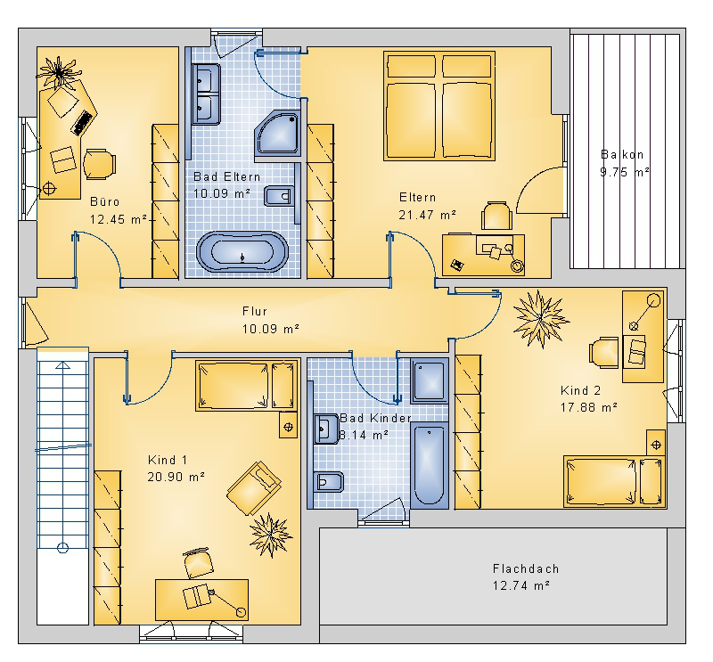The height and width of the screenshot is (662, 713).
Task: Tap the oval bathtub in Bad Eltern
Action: click(x=242, y=252)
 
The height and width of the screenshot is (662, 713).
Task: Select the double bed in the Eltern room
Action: click(x=439, y=106)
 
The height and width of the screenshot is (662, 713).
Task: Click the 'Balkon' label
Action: click(x=622, y=155)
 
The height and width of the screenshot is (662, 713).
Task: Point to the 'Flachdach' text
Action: click(x=526, y=568)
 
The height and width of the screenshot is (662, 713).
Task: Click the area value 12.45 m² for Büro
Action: click(x=119, y=219)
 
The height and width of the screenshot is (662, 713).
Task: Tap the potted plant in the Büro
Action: click(x=59, y=72)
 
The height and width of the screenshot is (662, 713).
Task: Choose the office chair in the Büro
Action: click(x=99, y=164)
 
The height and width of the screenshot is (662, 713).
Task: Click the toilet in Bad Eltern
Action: click(x=278, y=196)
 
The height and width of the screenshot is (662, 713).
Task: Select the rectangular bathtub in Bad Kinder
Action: click(x=430, y=465)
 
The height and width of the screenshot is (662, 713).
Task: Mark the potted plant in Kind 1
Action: click(x=270, y=535)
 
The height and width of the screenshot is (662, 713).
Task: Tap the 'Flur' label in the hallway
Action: click(x=255, y=312)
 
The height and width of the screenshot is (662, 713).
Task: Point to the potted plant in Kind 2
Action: click(x=541, y=319)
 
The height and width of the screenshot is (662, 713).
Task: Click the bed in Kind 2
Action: click(x=615, y=481)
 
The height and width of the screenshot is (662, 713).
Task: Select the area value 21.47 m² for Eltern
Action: click(x=428, y=215)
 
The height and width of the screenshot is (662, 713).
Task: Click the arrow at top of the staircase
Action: click(x=62, y=365)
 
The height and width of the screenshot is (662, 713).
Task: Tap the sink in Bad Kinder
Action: click(x=325, y=429)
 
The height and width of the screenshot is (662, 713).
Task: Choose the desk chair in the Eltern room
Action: click(x=496, y=216)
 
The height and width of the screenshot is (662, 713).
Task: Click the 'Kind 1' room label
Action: click(x=168, y=460)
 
